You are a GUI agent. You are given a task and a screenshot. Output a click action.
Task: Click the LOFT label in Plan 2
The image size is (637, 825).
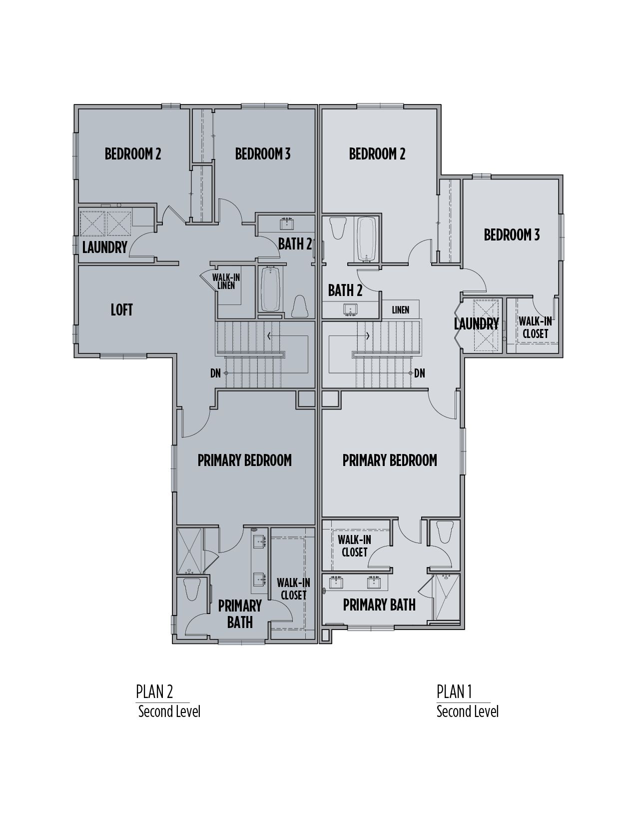121,310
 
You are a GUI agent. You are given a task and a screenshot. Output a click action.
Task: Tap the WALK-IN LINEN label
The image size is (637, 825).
226,281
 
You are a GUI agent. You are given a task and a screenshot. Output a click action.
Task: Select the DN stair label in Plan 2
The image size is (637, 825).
215,373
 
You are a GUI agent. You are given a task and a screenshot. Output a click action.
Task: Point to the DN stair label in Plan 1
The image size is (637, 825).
420,373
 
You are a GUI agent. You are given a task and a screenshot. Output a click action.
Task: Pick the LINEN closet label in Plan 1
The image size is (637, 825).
400,310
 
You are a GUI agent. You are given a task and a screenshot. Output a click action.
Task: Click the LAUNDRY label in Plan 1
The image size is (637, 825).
476,323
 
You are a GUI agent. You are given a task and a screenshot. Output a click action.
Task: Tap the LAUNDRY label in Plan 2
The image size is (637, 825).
104,247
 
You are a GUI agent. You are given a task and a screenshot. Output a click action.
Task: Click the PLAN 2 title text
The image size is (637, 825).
154,692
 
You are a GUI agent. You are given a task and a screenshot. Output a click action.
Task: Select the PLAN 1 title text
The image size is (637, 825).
454,692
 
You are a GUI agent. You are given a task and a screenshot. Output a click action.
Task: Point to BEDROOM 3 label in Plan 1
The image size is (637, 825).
512,234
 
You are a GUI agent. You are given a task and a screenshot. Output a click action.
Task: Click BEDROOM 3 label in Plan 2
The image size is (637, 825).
262,153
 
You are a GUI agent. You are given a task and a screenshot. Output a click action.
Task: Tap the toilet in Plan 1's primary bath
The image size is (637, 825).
444,532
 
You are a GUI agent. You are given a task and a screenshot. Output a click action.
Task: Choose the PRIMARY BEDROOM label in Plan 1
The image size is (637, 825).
390,460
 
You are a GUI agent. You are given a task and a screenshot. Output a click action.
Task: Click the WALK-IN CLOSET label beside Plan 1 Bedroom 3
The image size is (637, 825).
535,327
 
